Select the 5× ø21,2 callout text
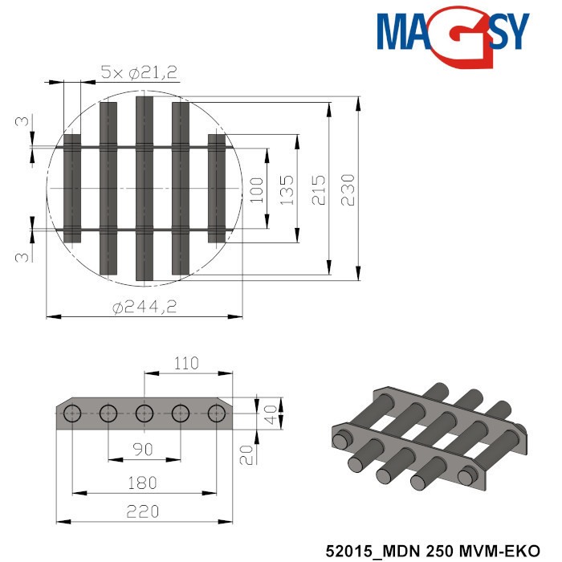pos(139,72)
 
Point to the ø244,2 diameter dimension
pos(145,306)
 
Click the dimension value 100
pos(256,189)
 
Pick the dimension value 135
pos(287,189)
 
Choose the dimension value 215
pos(320,189)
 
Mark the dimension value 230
pos(348,189)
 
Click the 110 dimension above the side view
pos(185,364)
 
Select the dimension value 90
pos(143,449)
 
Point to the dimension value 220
pos(144,511)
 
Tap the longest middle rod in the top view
pos(145,189)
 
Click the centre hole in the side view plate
pos(145,414)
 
